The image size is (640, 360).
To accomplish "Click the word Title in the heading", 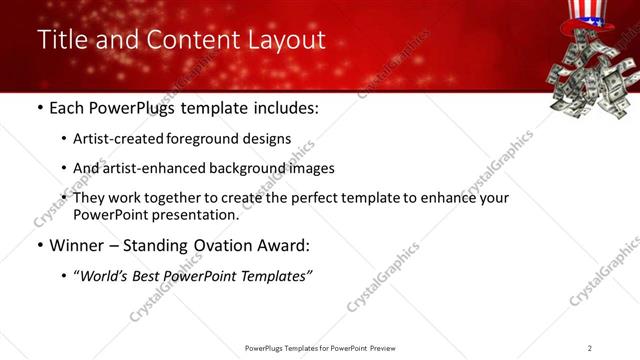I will [62, 40].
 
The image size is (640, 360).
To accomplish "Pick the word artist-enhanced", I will [153, 168].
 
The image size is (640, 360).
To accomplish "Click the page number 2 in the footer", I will [590, 348].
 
